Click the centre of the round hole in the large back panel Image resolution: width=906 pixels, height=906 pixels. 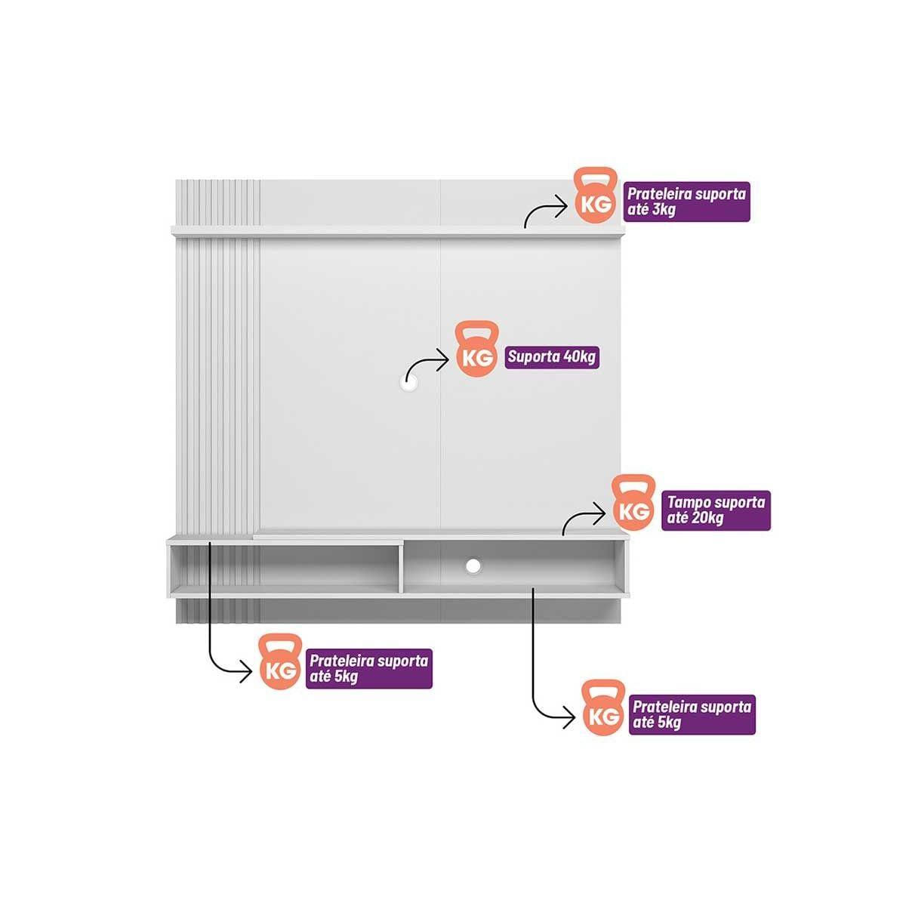click(x=408, y=383)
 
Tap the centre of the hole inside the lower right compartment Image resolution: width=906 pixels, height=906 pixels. click(x=473, y=566)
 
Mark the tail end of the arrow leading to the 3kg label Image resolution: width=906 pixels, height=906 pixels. click(x=525, y=227)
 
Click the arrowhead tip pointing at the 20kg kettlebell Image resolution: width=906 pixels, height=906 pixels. click(x=606, y=513)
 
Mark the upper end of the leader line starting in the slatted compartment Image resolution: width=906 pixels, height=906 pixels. click(x=210, y=542)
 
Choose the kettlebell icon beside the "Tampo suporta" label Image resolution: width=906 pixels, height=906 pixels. click(x=633, y=502)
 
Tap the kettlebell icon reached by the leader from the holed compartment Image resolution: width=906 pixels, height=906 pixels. click(x=603, y=708)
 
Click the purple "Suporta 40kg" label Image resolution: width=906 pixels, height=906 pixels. click(x=551, y=357)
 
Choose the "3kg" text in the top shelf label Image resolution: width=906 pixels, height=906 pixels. click(x=662, y=209)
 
